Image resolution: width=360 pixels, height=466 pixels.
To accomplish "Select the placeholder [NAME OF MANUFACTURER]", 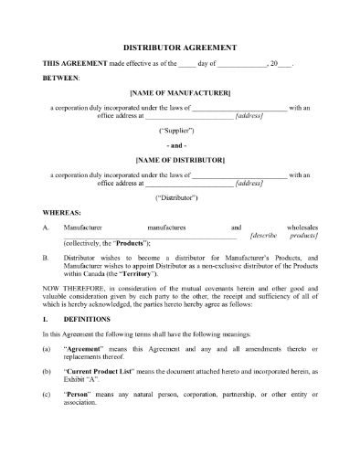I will [179, 94].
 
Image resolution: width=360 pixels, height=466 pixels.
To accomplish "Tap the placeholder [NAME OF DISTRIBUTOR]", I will [179, 159].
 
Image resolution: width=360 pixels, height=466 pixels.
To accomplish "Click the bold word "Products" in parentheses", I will [132, 244].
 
